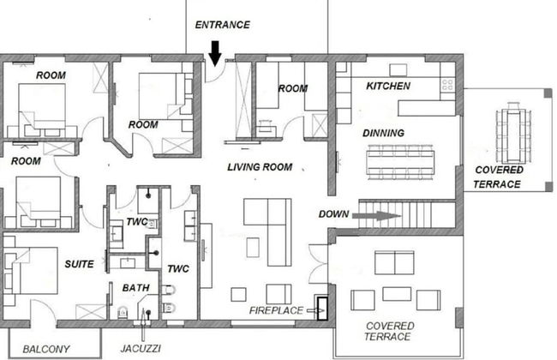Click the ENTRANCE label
(x=223, y=25)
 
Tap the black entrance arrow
(x=215, y=53)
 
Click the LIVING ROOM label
(x=260, y=167)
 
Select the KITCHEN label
(x=388, y=86)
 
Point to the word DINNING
(x=383, y=133)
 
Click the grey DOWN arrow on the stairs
(x=377, y=216)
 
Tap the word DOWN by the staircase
(x=333, y=214)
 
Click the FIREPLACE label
(x=276, y=310)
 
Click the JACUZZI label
(x=141, y=349)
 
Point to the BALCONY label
(x=46, y=350)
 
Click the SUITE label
(x=79, y=264)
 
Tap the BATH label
(x=135, y=288)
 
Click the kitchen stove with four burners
(x=447, y=86)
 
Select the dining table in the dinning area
(x=401, y=162)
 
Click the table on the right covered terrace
(x=514, y=132)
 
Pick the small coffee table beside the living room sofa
(x=253, y=248)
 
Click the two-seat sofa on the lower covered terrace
(x=394, y=262)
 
